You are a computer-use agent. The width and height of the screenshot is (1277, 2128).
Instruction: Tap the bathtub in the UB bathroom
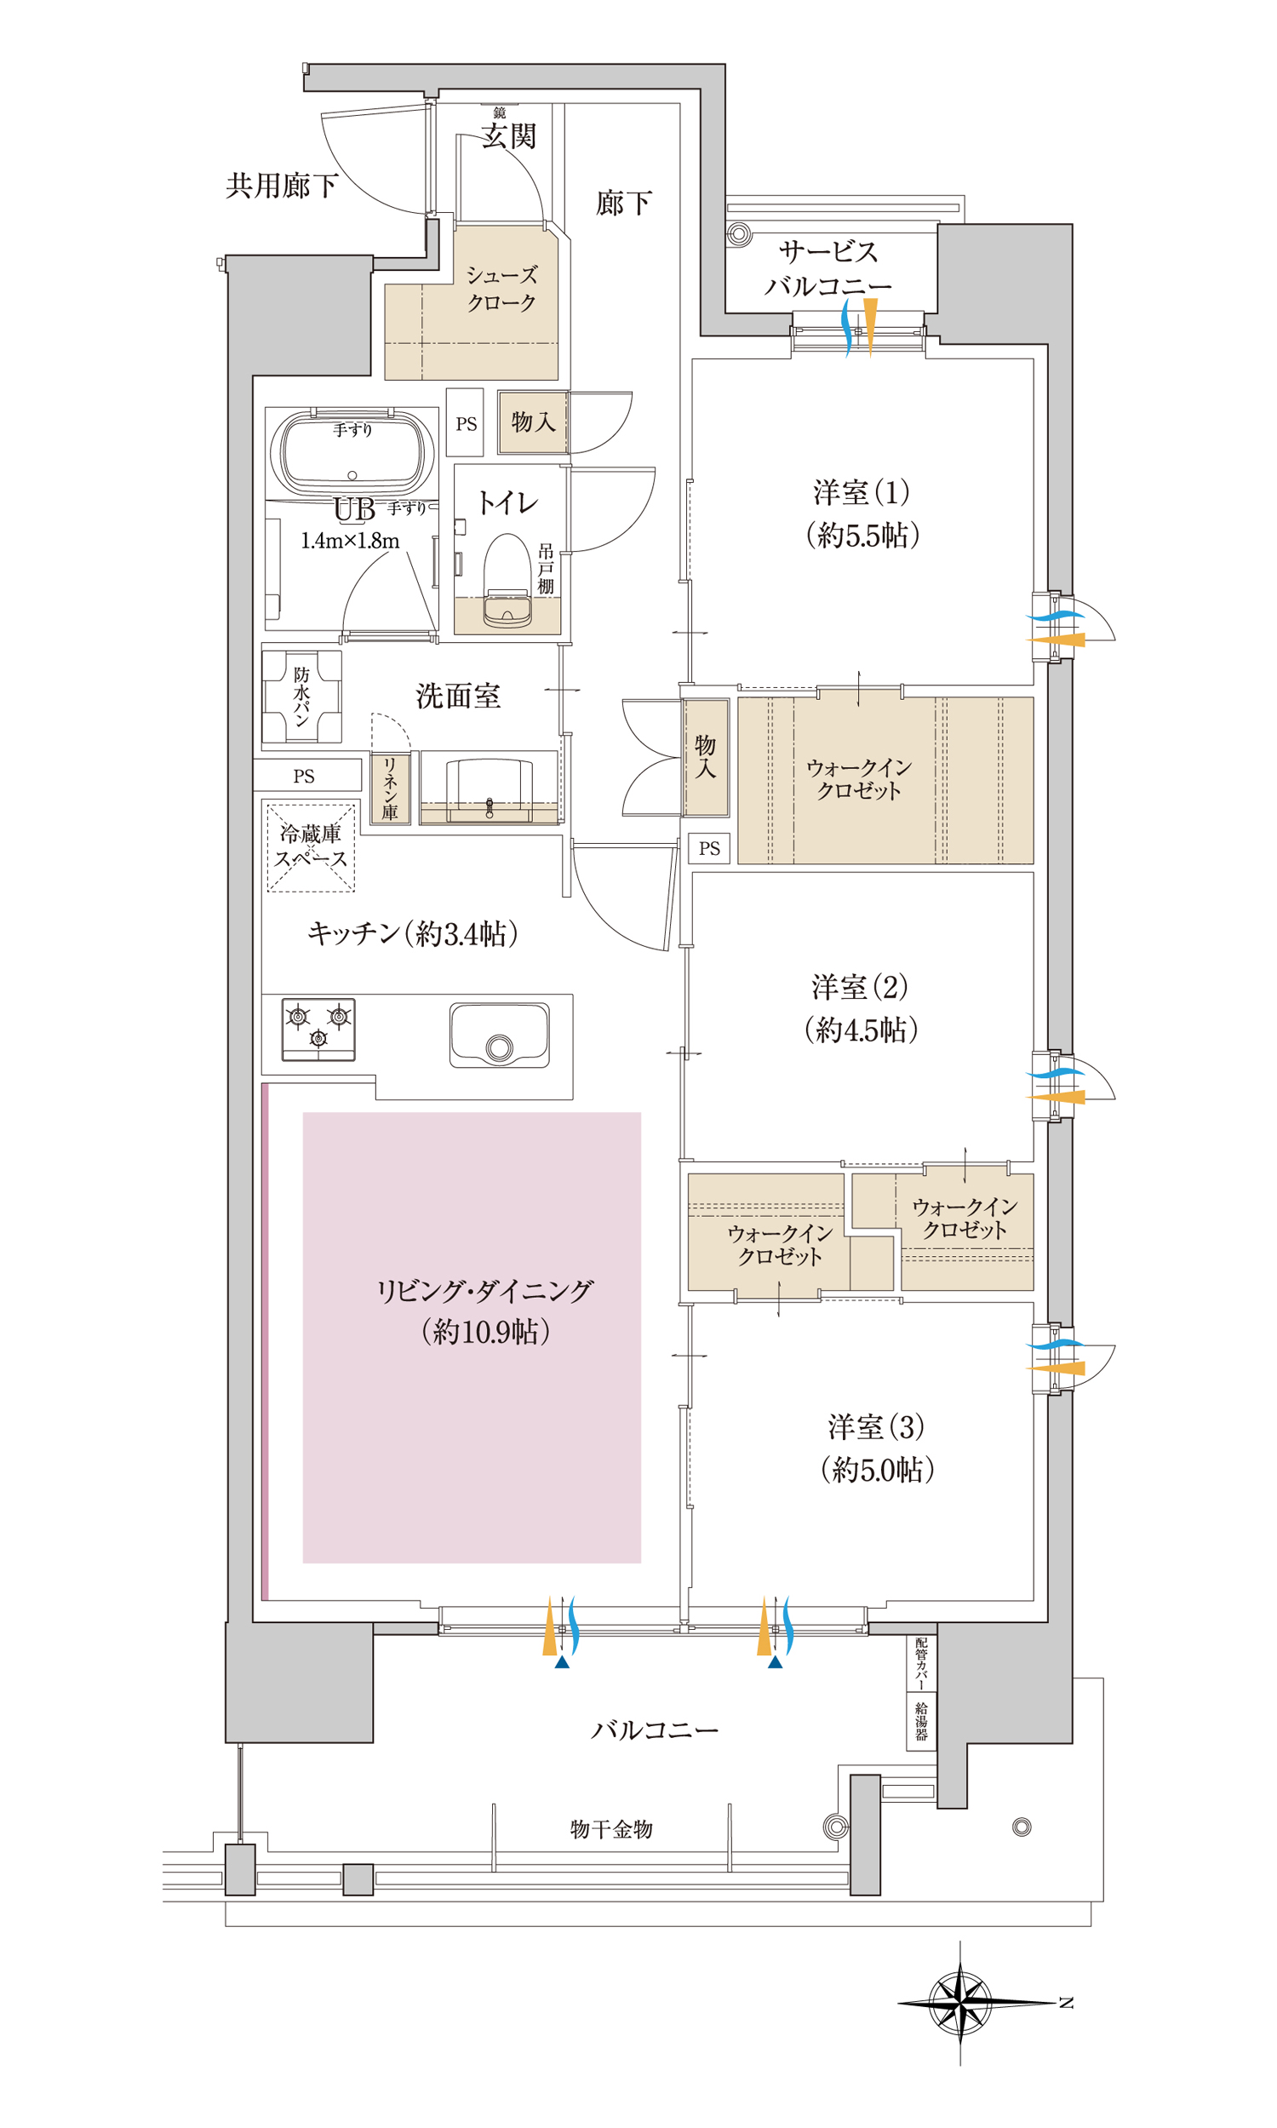(352, 453)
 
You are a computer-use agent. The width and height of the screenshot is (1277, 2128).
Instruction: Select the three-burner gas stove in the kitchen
(318, 1030)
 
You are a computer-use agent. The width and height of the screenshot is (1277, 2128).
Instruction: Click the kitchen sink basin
(499, 1035)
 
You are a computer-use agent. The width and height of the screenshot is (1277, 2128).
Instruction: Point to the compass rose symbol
(961, 2003)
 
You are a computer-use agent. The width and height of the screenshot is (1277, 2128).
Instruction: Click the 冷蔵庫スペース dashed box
(311, 847)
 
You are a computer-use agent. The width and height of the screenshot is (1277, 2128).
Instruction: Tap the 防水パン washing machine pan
(302, 697)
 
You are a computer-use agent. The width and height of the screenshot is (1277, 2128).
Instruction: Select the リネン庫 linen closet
(390, 789)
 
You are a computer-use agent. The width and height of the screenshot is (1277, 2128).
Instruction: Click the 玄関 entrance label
(508, 136)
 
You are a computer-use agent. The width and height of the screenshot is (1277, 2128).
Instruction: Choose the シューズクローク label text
(501, 289)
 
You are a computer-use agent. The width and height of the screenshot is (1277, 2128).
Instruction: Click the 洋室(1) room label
(862, 492)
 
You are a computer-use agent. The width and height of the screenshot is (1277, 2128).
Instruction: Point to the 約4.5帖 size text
(862, 1030)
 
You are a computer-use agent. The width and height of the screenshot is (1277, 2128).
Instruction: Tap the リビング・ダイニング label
(485, 1290)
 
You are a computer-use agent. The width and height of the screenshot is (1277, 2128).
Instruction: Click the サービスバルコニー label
(827, 268)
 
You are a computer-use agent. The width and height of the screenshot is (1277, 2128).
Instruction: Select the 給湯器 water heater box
(922, 1721)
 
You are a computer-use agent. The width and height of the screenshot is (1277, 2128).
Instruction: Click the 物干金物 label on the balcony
(611, 1828)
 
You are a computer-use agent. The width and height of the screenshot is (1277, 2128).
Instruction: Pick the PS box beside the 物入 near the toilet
(466, 422)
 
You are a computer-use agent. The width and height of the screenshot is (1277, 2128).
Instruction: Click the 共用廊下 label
(282, 185)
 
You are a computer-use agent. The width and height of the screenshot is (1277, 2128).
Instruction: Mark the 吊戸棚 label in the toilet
(546, 568)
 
